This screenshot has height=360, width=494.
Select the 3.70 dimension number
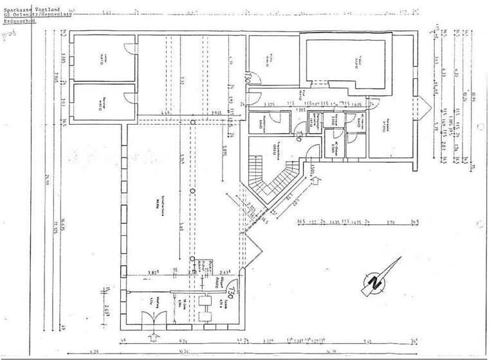coord(390,222)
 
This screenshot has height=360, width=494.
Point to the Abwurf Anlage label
coord(220,282)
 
